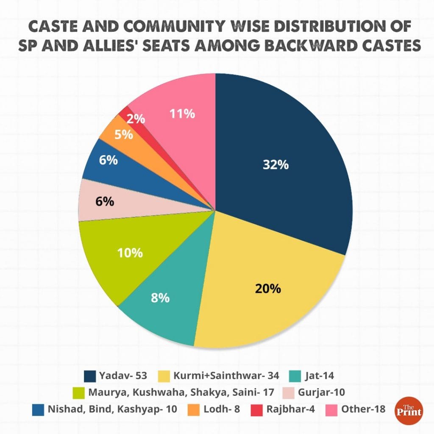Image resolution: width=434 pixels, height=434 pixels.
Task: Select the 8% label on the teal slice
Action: pos(161,298)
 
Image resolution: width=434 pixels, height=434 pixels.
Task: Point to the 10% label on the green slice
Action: pos(130,253)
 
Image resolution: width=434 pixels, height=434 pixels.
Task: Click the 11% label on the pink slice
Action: pos(182,114)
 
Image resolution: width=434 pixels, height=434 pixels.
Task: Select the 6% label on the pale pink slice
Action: pos(104,202)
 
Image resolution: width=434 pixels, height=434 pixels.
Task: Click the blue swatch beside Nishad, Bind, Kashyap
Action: pos(39,409)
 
